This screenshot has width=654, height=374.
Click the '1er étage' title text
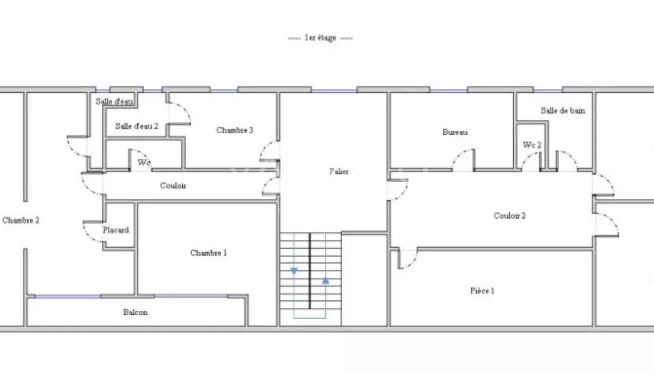point(320,38)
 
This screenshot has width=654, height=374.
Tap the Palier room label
point(339,171)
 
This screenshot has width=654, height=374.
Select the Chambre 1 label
point(208,253)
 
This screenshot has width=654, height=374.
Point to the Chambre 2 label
point(21,220)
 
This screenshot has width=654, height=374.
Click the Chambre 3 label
point(235,130)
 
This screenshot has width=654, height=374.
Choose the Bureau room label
point(455,132)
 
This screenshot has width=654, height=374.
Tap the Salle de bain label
point(563,111)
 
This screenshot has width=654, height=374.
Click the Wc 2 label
point(532,145)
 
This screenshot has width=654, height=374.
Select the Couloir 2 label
point(510,216)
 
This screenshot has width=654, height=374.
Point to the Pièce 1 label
point(482,291)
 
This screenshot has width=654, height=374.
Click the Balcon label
point(135,312)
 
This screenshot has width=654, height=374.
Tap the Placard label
point(116,230)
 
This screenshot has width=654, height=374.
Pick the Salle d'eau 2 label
point(137,126)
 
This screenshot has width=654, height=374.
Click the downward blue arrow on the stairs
point(294,271)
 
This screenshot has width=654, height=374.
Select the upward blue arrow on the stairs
point(325,281)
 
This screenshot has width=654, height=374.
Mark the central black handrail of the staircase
point(310,271)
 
